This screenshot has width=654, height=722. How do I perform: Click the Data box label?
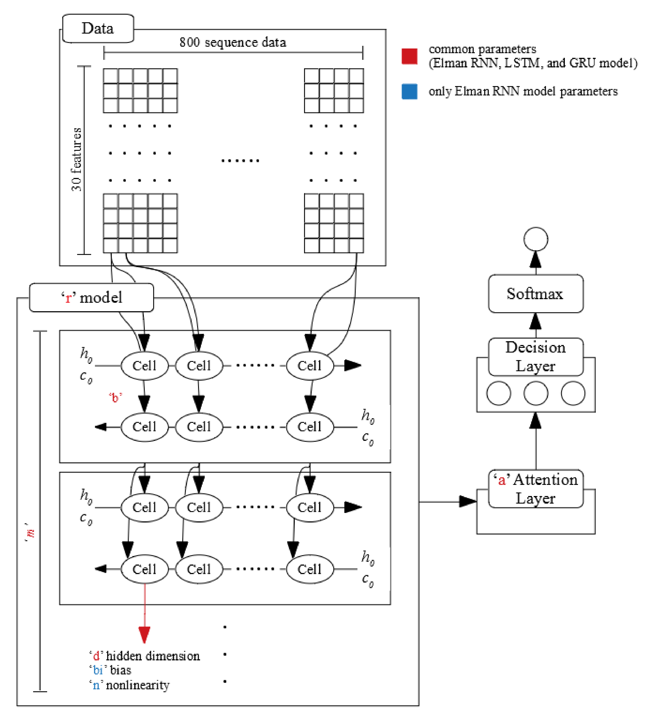[98, 28]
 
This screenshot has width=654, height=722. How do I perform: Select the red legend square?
[409, 56]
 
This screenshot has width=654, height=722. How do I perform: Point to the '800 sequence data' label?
[233, 42]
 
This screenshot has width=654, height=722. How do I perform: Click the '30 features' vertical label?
[76, 159]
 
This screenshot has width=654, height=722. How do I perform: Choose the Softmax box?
[536, 294]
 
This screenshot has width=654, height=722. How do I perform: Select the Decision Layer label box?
[536, 357]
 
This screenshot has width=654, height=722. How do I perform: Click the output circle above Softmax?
[536, 239]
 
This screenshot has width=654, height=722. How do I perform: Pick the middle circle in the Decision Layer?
[536, 393]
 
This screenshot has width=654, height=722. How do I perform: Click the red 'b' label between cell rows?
[115, 397]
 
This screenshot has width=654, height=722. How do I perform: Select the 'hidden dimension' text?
[153, 656]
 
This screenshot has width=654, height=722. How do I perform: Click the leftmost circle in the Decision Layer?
[498, 393]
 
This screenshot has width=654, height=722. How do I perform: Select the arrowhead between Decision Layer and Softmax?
[536, 321]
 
